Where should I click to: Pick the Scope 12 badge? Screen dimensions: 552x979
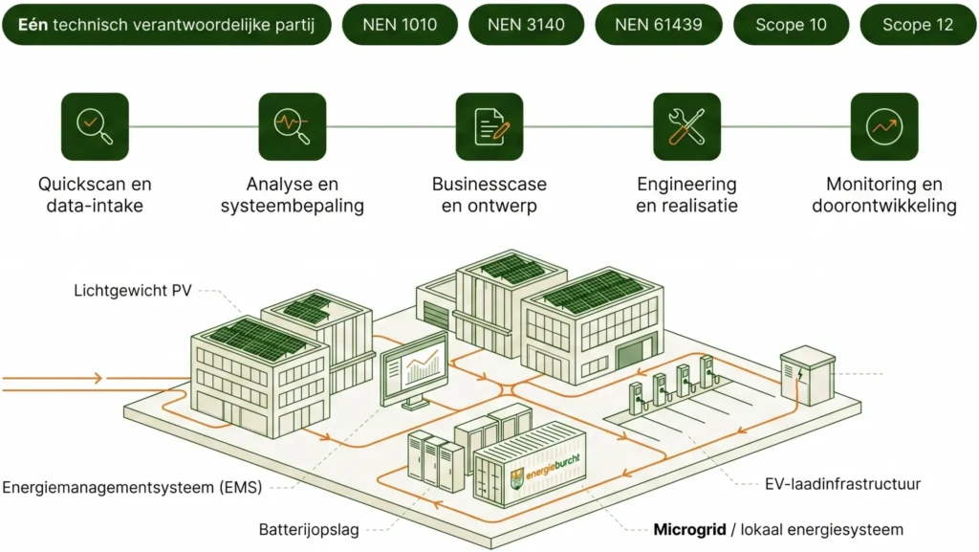(x=918, y=25)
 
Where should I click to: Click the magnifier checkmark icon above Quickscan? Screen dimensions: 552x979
(x=95, y=126)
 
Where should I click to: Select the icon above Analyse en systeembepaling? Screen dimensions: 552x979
(x=293, y=126)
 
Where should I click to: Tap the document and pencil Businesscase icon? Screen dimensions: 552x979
(x=489, y=126)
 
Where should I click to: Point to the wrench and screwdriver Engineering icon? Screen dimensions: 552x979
(x=686, y=126)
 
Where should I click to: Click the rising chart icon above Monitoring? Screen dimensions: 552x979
(x=884, y=126)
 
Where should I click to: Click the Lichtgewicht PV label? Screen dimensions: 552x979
(x=133, y=290)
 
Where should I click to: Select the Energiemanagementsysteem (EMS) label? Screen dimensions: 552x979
(x=132, y=488)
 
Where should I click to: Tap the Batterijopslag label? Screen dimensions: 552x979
(x=309, y=529)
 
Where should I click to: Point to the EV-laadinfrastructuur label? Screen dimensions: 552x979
(x=843, y=484)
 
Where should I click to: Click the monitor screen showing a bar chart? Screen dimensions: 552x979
(x=414, y=364)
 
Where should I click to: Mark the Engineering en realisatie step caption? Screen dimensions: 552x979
(x=686, y=194)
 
